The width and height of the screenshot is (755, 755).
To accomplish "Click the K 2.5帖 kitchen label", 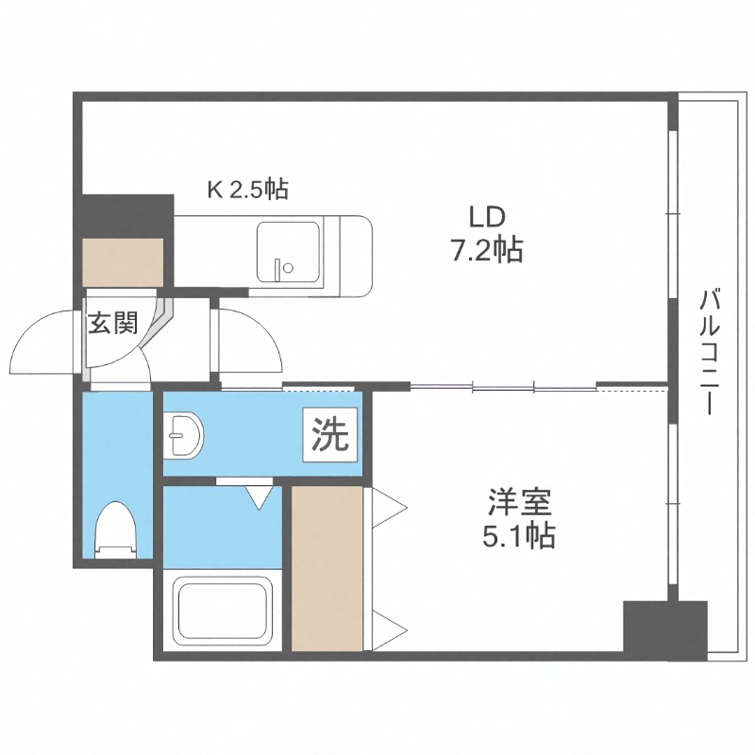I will point(247,189).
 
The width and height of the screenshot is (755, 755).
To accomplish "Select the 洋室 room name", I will point(513,500).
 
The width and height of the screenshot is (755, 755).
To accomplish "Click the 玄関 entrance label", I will point(113,324).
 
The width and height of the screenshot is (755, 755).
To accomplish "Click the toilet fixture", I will point(118,528).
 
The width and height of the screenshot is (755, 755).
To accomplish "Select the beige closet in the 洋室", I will point(327,566).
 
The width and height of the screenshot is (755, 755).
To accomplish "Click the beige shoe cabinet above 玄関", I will point(123,261).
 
